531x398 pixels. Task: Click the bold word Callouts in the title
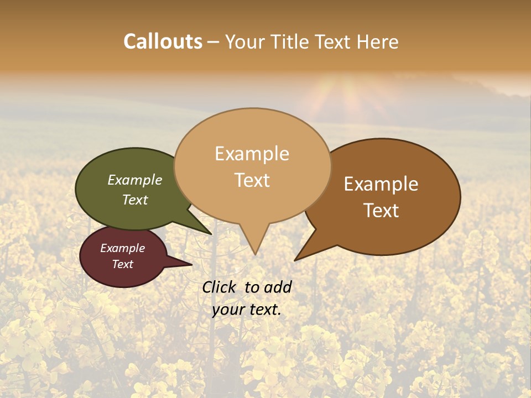click(x=163, y=41)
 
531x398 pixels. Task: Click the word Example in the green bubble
click(x=135, y=180)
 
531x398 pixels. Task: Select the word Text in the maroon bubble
click(x=123, y=264)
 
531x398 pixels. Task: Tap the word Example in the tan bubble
click(x=252, y=154)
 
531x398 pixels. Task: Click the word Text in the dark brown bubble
click(x=382, y=211)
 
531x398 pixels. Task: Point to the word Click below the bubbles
click(x=219, y=287)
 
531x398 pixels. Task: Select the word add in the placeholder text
click(x=278, y=287)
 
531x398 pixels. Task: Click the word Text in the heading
click(x=336, y=41)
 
